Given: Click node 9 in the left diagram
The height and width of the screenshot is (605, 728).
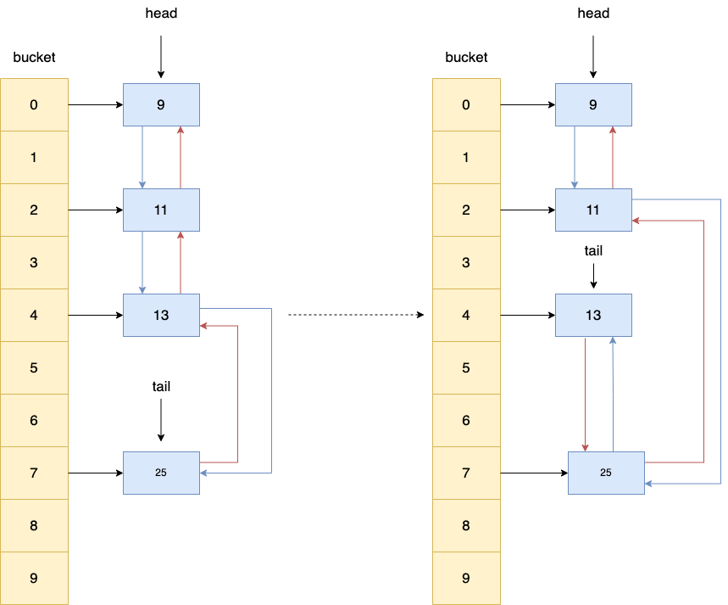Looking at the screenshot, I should click(161, 105).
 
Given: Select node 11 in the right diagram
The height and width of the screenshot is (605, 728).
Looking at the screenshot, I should click(593, 210).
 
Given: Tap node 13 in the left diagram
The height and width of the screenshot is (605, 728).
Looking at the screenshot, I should click(161, 316).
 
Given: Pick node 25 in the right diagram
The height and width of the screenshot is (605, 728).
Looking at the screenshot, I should click(605, 473).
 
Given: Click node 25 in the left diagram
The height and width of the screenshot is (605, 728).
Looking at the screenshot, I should click(161, 473).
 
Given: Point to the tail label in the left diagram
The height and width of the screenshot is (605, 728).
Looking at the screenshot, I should click(161, 386).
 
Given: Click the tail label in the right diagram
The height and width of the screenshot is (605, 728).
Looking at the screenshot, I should click(593, 250).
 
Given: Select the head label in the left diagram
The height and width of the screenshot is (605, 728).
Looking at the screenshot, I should click(161, 14).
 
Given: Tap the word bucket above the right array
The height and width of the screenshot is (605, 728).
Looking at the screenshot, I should click(466, 58).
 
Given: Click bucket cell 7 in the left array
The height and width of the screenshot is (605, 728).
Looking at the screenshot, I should click(34, 473).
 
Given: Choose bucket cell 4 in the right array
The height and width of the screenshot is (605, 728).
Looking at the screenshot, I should click(466, 316).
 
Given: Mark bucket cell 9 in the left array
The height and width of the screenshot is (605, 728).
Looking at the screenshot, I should click(34, 578).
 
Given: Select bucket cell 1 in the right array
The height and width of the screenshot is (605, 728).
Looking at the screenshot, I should click(466, 157).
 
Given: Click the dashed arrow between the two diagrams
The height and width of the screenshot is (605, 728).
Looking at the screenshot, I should click(356, 316).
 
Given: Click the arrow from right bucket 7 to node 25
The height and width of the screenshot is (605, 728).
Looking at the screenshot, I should click(533, 473).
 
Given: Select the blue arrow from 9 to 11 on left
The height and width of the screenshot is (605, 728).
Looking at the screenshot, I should click(142, 157).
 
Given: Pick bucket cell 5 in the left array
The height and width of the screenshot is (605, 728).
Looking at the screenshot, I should click(34, 368).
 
